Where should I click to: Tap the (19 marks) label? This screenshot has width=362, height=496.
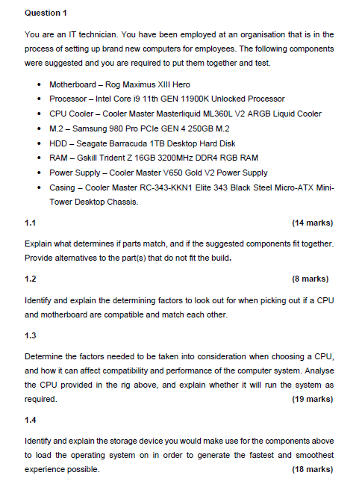click(312, 400)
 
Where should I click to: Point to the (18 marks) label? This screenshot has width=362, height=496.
click(312, 470)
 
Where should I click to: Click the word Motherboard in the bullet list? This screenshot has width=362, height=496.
click(72, 84)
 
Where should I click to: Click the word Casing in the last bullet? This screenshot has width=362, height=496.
click(63, 187)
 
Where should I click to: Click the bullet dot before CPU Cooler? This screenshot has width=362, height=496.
click(37, 114)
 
